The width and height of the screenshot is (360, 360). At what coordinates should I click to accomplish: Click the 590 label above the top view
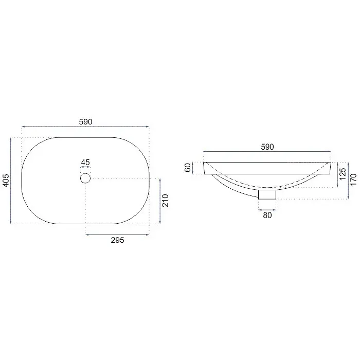point(86,122)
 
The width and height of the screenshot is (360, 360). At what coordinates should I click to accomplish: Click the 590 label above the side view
point(267,147)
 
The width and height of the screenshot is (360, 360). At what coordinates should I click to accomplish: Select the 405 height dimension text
point(6,181)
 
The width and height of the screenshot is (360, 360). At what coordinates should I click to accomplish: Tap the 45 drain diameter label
point(85,163)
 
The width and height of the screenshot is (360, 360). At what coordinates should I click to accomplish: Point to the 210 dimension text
point(165,201)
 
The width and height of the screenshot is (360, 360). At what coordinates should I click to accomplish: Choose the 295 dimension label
point(118,240)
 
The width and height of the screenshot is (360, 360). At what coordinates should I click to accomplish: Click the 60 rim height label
point(188,168)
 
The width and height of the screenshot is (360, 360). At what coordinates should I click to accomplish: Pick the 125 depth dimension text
point(343,174)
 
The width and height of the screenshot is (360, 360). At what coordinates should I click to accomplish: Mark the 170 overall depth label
point(354,179)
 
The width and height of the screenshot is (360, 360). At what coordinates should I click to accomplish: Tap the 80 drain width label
point(267,215)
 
